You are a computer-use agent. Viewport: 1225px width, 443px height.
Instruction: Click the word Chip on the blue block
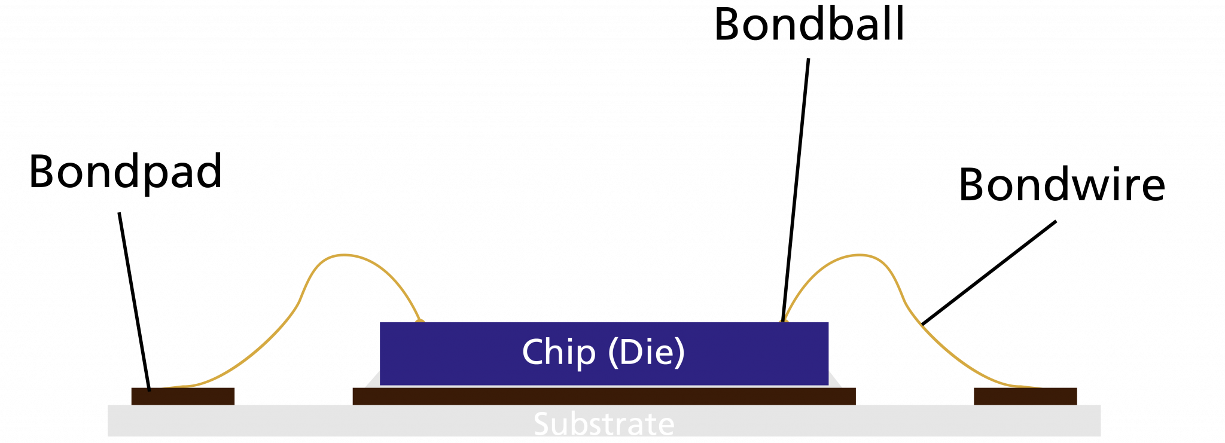tap(559, 352)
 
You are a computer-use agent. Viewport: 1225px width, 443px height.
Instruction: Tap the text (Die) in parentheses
tap(646, 352)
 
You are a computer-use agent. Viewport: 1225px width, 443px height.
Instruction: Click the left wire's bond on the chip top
tap(420, 320)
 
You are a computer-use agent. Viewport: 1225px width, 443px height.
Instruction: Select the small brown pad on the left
tap(183, 396)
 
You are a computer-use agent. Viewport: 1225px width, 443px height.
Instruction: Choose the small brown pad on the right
tap(1025, 396)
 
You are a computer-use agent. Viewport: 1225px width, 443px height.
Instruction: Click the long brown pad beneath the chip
tap(604, 396)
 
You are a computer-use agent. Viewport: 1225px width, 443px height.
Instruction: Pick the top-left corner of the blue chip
tap(381, 323)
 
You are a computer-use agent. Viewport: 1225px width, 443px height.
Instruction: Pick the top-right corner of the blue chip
tap(828, 323)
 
